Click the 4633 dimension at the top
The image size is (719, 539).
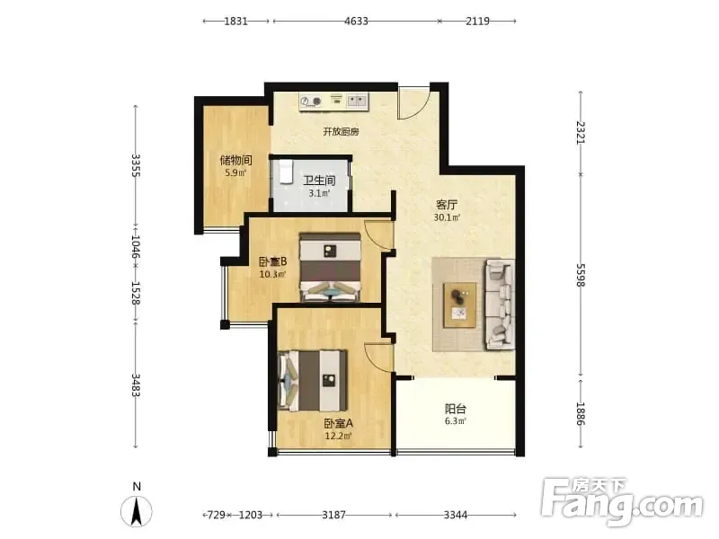pyautogui.click(x=356, y=21)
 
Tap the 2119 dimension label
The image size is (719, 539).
pyautogui.click(x=478, y=21)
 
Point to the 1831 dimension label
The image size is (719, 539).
pyautogui.click(x=235, y=21)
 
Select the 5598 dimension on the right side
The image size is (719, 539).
pyautogui.click(x=581, y=275)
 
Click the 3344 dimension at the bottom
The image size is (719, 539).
pyautogui.click(x=456, y=515)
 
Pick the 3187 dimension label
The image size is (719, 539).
pyautogui.click(x=333, y=515)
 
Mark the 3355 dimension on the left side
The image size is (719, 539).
pyautogui.click(x=136, y=165)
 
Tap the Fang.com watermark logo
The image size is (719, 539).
pyautogui.click(x=621, y=502)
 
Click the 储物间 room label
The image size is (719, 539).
pyautogui.click(x=235, y=160)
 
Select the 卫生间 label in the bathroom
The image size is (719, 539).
pyautogui.click(x=319, y=181)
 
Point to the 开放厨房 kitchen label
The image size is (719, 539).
pyautogui.click(x=341, y=132)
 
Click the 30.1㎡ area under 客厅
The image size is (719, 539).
pyautogui.click(x=447, y=217)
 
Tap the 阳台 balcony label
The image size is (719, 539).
pyautogui.click(x=456, y=409)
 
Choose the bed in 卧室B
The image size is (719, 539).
pyautogui.click(x=330, y=267)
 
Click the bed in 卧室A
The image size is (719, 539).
pyautogui.click(x=312, y=381)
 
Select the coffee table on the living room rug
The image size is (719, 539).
pyautogui.click(x=459, y=305)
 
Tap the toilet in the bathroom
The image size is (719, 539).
pyautogui.click(x=286, y=172)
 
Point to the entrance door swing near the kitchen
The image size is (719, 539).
pyautogui.click(x=413, y=103)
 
